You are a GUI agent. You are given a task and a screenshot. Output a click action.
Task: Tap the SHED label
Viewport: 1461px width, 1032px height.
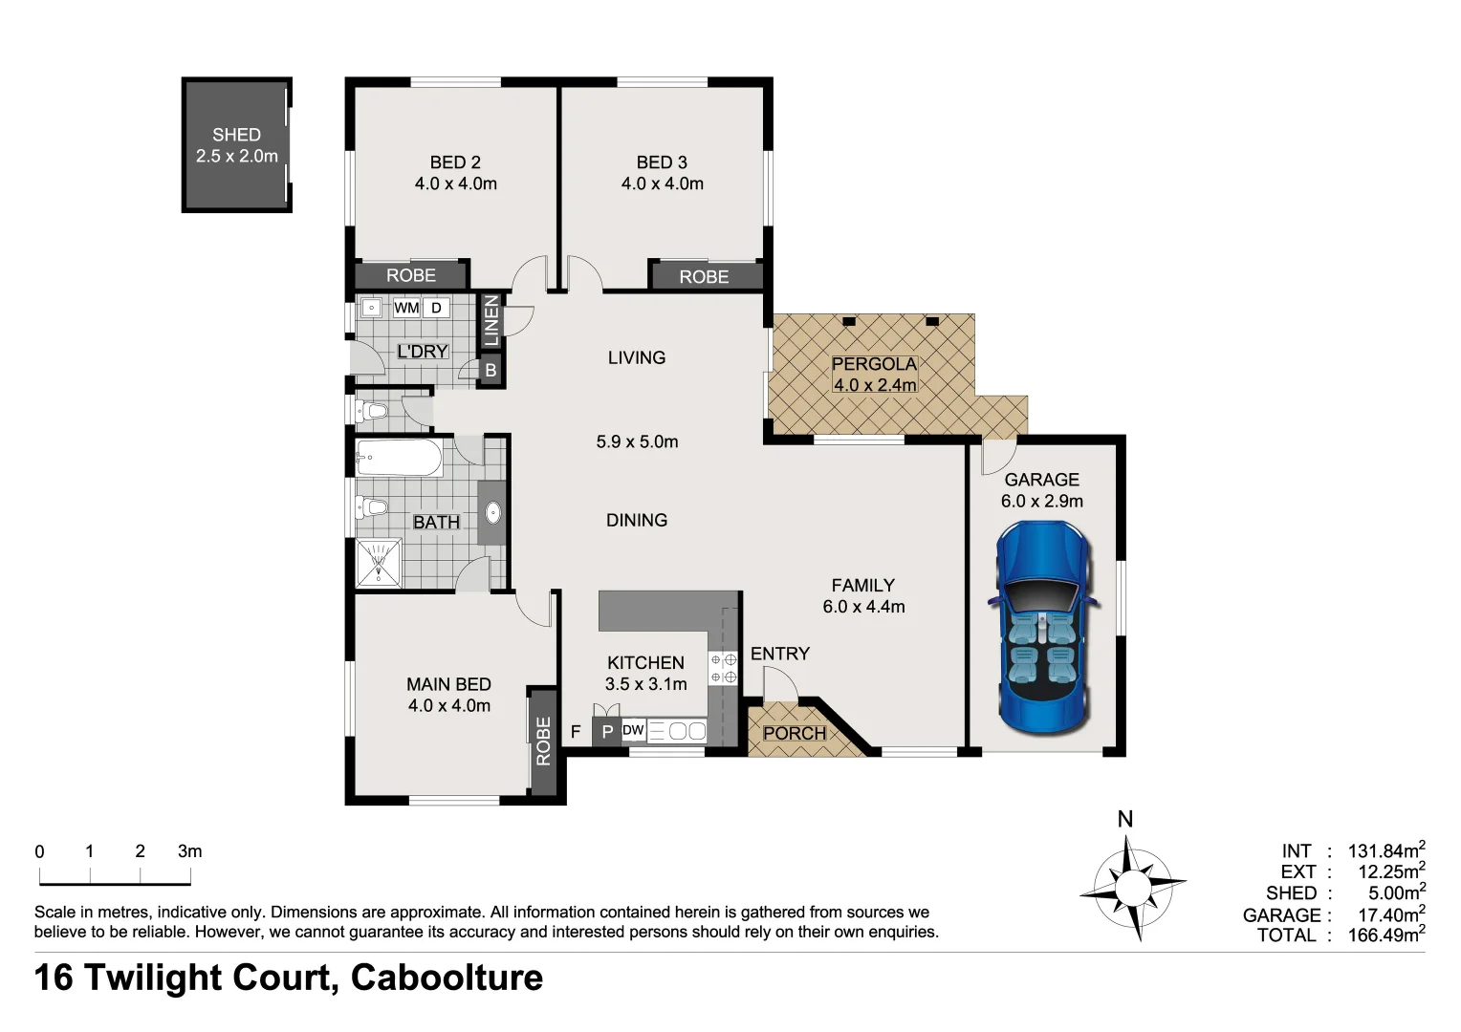(x=236, y=135)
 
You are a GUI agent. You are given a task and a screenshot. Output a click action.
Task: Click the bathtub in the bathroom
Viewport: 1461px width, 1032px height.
(x=399, y=460)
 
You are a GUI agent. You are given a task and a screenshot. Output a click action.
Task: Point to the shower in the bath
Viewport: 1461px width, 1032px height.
(x=379, y=562)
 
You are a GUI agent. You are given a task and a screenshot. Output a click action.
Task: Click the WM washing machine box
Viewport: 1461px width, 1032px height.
(x=406, y=308)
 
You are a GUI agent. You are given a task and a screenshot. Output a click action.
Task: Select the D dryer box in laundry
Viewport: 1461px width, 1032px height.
(x=437, y=308)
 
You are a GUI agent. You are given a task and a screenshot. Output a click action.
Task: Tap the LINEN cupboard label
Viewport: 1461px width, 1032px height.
(x=491, y=321)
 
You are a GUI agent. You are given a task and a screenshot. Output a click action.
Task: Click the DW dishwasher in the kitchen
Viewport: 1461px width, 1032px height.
(x=633, y=731)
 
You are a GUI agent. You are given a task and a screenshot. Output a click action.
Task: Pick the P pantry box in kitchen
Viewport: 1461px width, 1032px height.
(x=607, y=733)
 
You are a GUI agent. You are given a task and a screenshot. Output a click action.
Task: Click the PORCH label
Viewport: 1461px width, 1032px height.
(x=794, y=733)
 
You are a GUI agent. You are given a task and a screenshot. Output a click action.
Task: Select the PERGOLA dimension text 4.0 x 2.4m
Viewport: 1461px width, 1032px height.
(x=874, y=385)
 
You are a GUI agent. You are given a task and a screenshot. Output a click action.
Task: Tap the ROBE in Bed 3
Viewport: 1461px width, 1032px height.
(x=705, y=276)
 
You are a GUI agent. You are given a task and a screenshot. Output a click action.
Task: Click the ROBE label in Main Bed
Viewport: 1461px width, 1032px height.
(x=543, y=741)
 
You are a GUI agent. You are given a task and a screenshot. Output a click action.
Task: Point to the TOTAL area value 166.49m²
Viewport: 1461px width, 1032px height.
(x=1385, y=935)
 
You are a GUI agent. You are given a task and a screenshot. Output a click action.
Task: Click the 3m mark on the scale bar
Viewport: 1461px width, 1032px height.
(x=190, y=851)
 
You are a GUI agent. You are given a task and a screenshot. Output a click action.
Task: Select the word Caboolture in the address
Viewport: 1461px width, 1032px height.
(x=447, y=978)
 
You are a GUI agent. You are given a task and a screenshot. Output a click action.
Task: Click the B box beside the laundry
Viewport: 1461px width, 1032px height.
(x=491, y=370)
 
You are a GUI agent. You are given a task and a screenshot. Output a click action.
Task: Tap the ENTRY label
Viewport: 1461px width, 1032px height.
(x=779, y=654)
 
